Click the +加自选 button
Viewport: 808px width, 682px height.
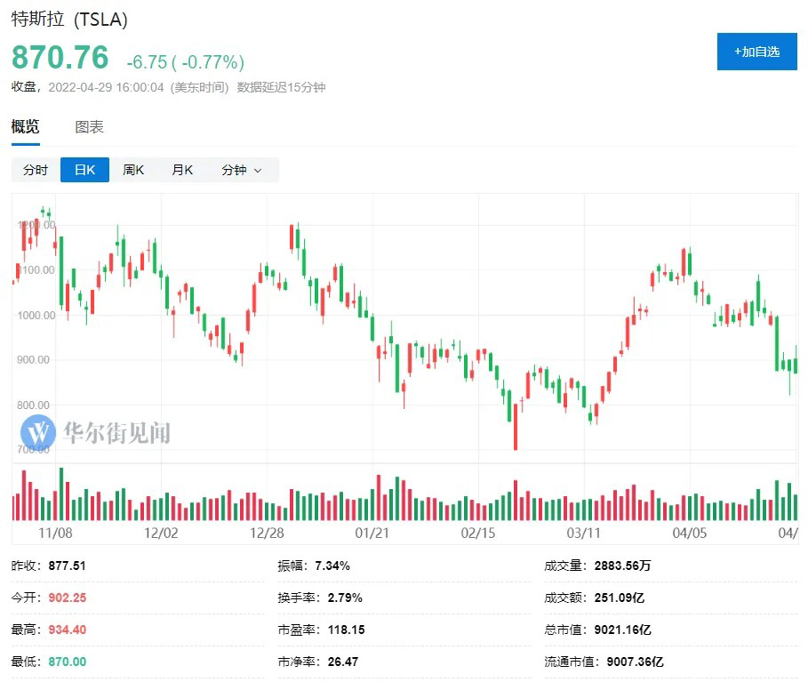point(756,52)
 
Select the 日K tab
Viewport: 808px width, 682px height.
point(84,170)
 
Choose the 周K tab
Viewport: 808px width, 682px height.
point(133,170)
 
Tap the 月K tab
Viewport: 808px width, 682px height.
point(182,170)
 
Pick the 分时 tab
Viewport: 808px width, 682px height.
point(36,170)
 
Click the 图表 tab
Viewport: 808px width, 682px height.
point(89,127)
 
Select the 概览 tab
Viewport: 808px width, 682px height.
point(25,127)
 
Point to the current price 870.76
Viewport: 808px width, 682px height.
point(60,58)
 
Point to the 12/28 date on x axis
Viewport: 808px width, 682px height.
point(268,533)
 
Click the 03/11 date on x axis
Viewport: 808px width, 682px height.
point(584,533)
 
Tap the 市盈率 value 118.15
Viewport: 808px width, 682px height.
point(346,630)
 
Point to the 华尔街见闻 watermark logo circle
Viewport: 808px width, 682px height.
point(38,433)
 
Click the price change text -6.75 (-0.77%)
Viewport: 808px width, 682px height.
point(185,62)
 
